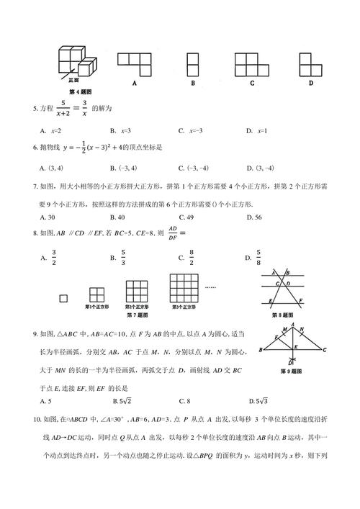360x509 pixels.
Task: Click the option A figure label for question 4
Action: [134, 84]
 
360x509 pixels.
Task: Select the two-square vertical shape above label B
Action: [193, 64]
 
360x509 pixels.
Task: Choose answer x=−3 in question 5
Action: [192, 131]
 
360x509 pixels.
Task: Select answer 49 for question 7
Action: [191, 216]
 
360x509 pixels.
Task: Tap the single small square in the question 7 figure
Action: [64, 295]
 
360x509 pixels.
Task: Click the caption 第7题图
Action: [136, 315]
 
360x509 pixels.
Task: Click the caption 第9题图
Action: [294, 371]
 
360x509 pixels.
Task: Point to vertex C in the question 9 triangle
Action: [325, 351]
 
